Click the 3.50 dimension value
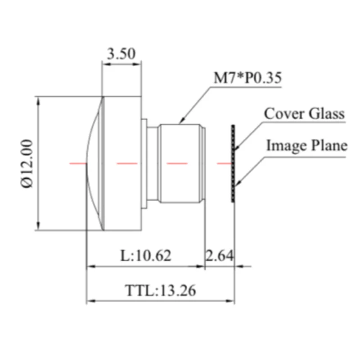pyautogui.click(x=121, y=54)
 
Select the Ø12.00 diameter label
pyautogui.click(x=27, y=164)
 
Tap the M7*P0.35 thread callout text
pyautogui.click(x=247, y=78)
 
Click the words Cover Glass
pyautogui.click(x=304, y=113)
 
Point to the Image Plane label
pyautogui.click(x=307, y=145)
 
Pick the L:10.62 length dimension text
pyautogui.click(x=146, y=256)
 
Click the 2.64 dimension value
pyautogui.click(x=220, y=256)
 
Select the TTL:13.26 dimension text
pyautogui.click(x=160, y=290)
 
